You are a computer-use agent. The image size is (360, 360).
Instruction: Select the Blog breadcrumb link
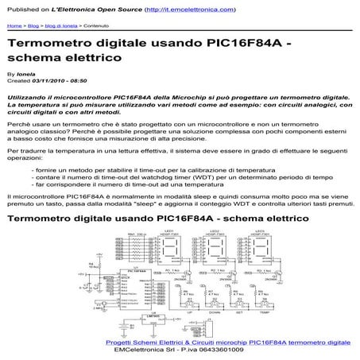click(36, 25)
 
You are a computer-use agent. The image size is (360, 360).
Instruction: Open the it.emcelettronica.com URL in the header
click(192, 10)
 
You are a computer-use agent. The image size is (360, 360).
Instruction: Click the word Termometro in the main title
click(46, 43)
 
